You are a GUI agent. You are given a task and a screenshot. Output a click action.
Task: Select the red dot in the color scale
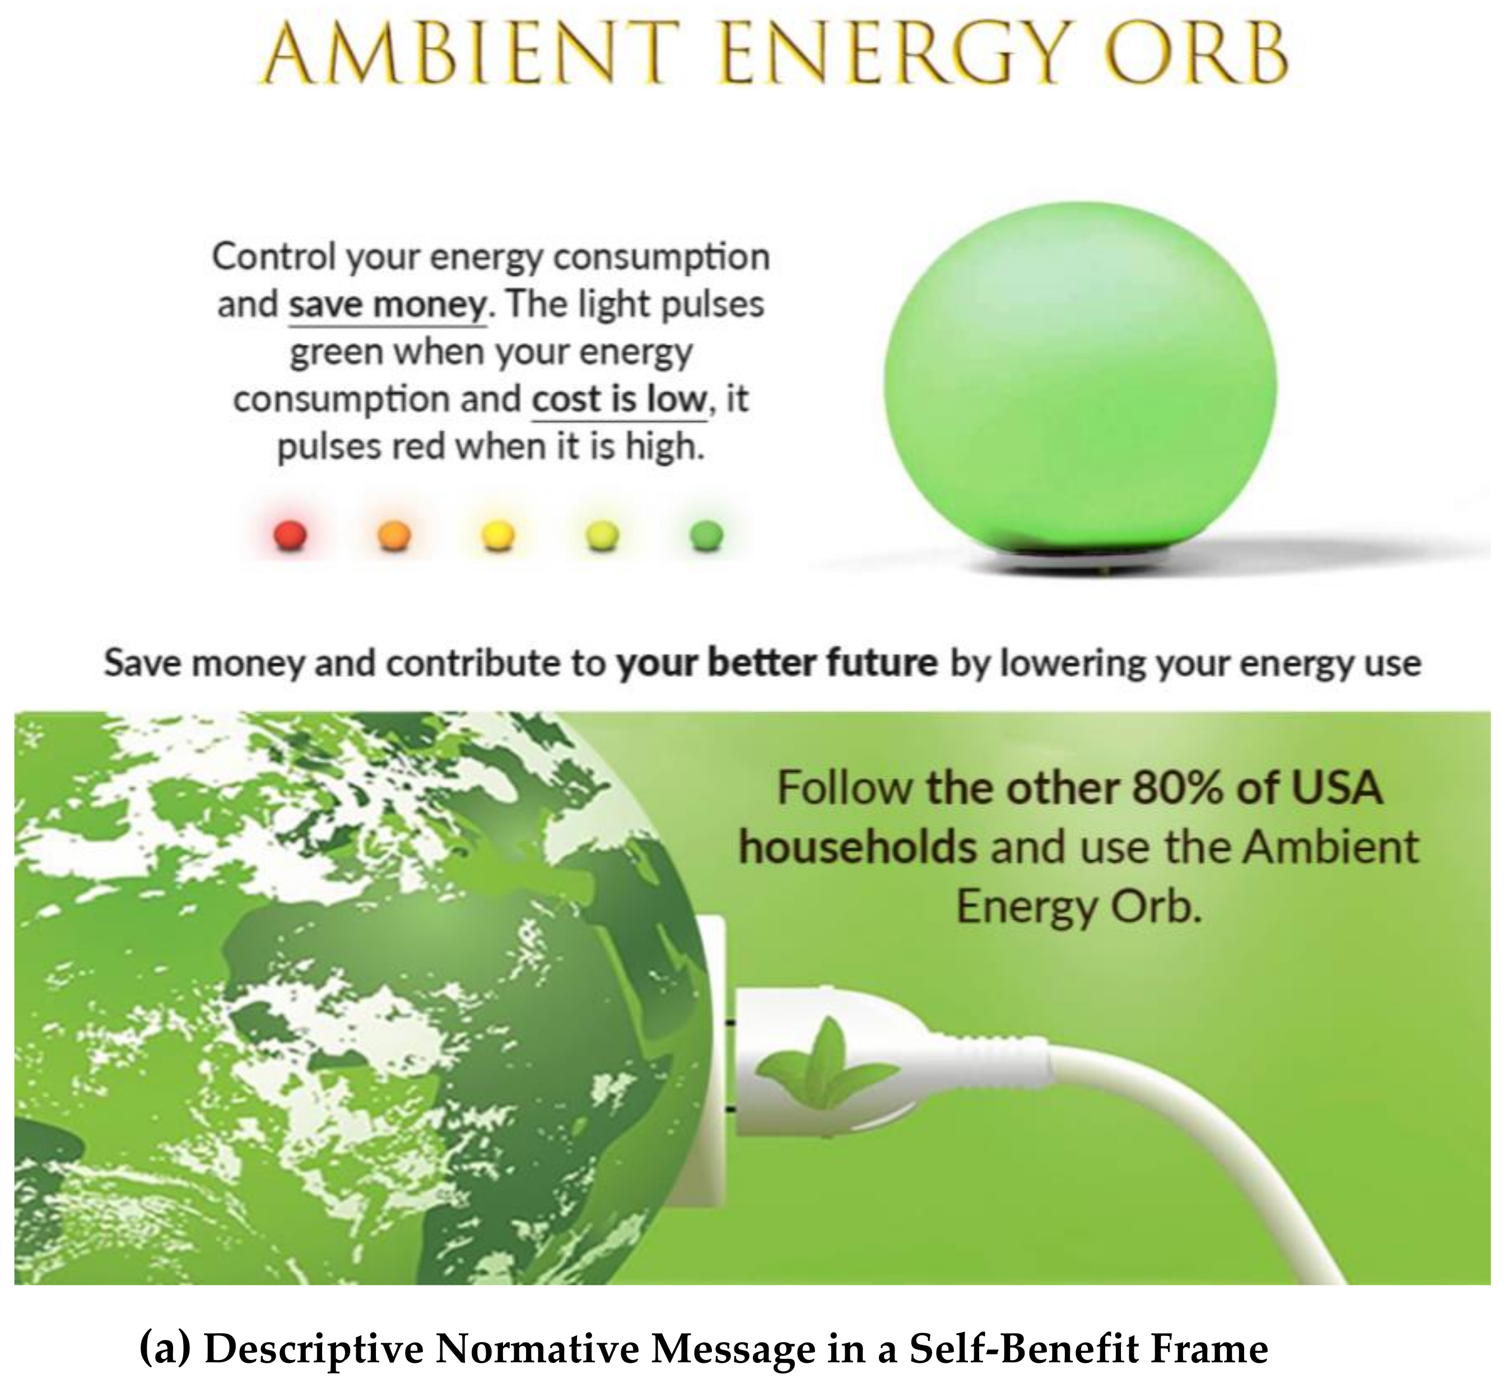290,535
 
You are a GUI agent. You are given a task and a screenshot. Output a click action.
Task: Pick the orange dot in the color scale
394,535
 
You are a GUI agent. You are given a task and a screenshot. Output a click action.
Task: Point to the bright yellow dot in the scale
498,535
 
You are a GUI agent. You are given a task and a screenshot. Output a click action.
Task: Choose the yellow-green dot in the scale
603,535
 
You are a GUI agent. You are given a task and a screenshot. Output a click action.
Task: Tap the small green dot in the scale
707,535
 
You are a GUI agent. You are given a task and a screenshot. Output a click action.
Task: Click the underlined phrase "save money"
388,305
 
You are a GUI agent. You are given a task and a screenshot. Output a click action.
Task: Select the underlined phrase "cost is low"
620,400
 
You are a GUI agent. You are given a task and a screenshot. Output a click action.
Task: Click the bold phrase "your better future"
776,663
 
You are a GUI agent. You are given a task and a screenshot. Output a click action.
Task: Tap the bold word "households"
858,847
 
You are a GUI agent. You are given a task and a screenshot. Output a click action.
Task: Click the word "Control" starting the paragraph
274,257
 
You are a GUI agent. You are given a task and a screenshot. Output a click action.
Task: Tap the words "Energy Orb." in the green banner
1079,908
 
